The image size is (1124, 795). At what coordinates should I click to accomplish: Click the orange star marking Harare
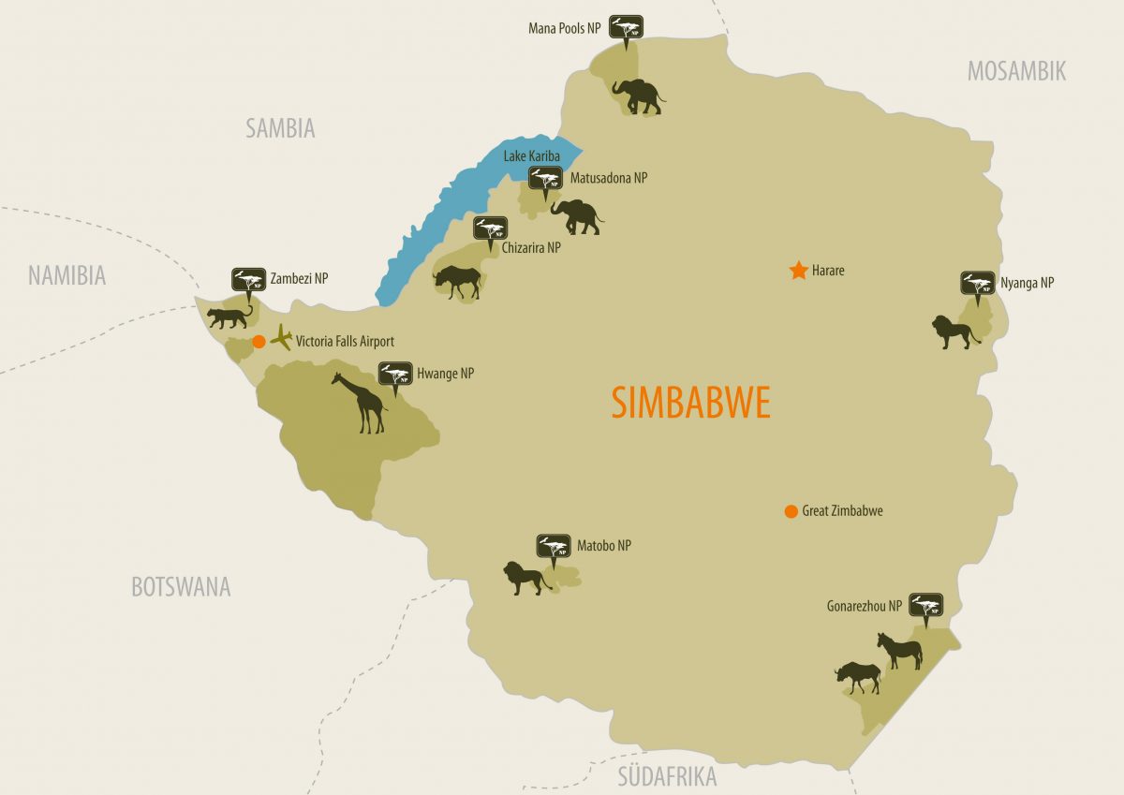(798, 271)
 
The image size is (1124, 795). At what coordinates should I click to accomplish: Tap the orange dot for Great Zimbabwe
(791, 511)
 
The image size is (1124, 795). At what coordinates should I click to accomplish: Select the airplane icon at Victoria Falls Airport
(281, 339)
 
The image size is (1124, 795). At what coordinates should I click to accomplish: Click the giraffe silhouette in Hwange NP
(362, 403)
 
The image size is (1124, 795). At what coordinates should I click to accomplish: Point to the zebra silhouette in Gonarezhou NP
(899, 651)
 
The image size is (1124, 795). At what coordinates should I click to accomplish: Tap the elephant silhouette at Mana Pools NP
(637, 96)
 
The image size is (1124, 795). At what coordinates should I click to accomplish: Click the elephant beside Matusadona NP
(576, 216)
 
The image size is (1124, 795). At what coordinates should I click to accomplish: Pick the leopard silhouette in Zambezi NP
(229, 317)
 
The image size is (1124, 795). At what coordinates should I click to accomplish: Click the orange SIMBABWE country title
(690, 403)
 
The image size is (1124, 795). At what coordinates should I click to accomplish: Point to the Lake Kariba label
(531, 155)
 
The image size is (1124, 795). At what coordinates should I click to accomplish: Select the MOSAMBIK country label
(1016, 71)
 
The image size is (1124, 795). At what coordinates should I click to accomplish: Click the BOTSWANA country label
(181, 587)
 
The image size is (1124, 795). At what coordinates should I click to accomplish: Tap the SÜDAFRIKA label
(667, 776)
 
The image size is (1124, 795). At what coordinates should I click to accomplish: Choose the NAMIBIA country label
(67, 275)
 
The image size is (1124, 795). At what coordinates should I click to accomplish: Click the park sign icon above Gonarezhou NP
(925, 607)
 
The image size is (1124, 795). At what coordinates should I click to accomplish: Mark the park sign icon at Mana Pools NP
(626, 27)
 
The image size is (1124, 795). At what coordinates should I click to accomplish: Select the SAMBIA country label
(280, 128)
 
